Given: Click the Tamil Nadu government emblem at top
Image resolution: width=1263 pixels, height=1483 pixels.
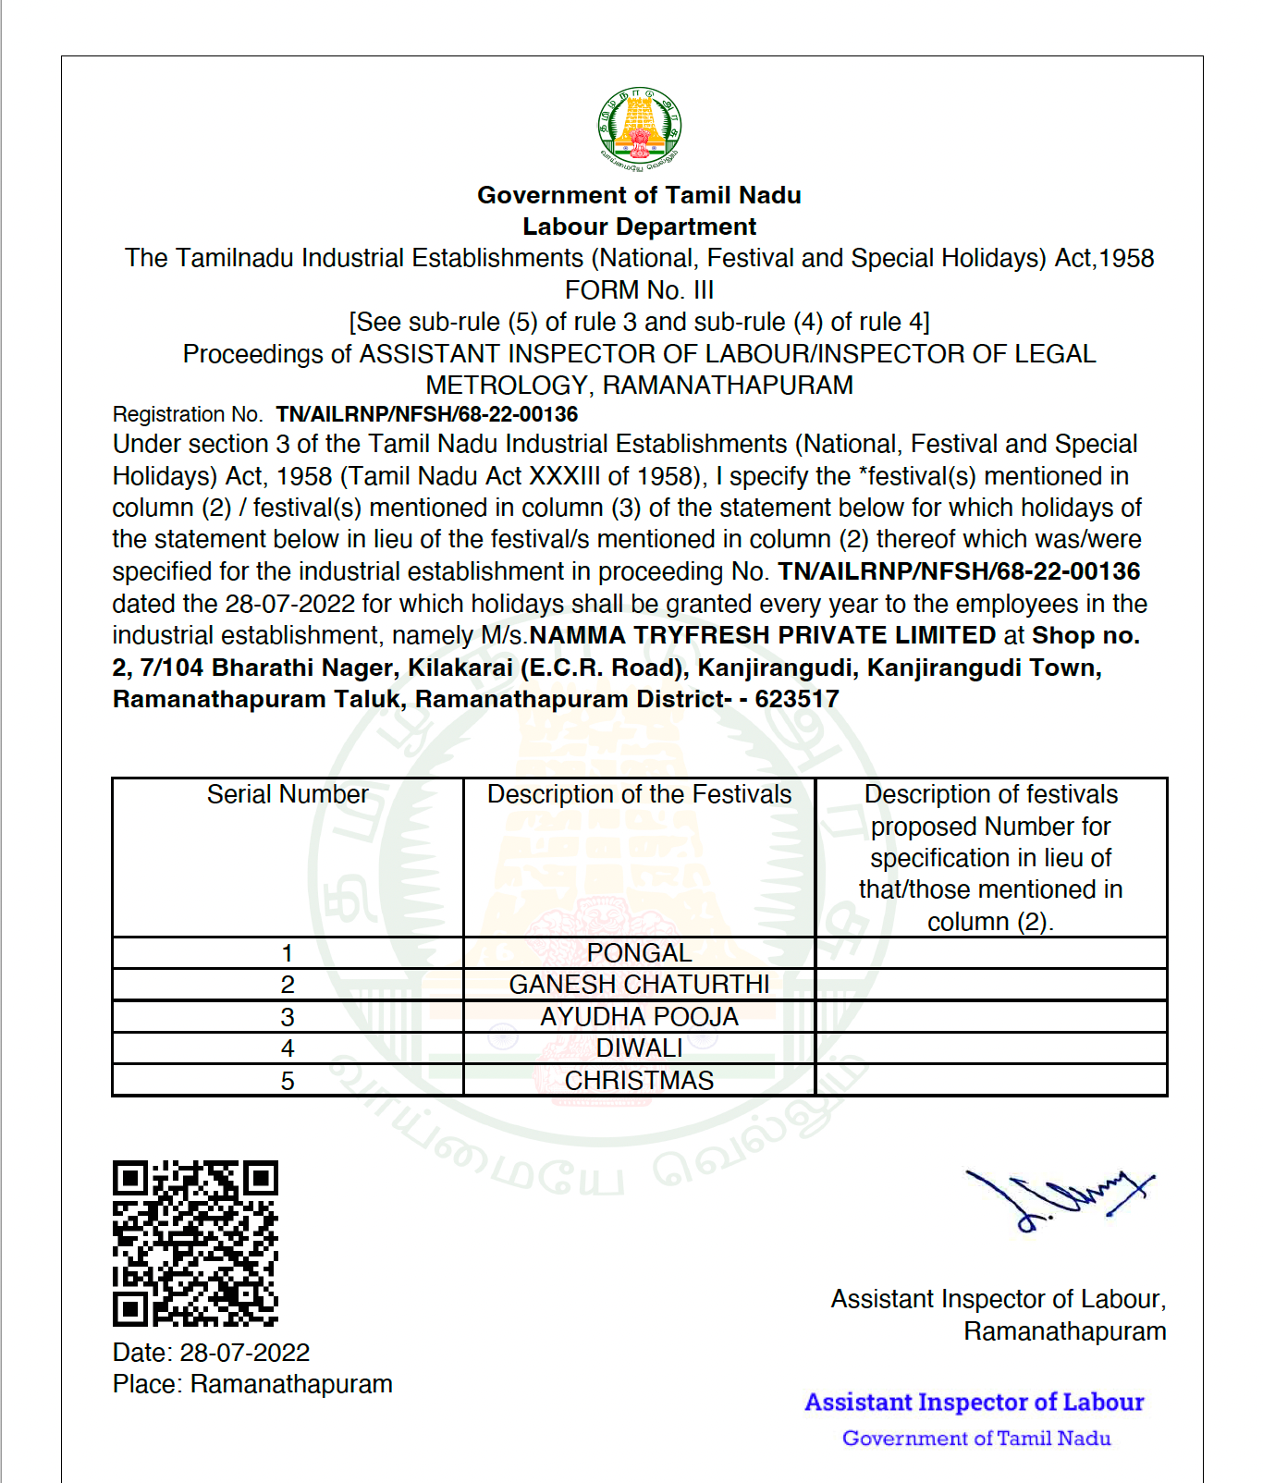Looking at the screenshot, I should (x=639, y=129).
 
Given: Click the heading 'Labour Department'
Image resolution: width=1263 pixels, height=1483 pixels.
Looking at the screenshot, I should (x=639, y=227).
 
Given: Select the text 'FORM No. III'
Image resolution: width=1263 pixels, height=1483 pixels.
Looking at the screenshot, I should (x=639, y=290).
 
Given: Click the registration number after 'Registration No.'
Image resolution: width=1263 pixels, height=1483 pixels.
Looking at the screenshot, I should (x=426, y=414).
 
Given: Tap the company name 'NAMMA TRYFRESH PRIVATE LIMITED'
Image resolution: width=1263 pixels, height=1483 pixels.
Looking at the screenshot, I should (x=763, y=635).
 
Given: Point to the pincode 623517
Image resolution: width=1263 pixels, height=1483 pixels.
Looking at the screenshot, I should (x=797, y=699).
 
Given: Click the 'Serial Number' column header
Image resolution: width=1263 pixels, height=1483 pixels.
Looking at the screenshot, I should (x=288, y=795).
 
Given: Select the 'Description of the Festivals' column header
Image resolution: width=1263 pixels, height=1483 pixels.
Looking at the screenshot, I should (x=639, y=795).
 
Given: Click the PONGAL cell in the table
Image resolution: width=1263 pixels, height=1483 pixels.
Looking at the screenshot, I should (x=639, y=953).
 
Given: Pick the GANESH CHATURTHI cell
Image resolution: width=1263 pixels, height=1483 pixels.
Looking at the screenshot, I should (x=639, y=985).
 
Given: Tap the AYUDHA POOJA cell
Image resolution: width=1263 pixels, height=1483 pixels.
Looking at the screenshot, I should (x=639, y=1017).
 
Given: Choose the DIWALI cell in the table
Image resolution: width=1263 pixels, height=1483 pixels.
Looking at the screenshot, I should (x=639, y=1048).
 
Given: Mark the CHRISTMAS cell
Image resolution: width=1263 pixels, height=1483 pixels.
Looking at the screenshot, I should (x=639, y=1081).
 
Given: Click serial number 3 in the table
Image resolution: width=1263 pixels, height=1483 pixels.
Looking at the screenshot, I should (x=288, y=1017).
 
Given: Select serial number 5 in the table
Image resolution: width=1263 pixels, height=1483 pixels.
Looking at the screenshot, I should (x=288, y=1081).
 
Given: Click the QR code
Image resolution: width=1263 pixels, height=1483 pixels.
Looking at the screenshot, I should (x=195, y=1244).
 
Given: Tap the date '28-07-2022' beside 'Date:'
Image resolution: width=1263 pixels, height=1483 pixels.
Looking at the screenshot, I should (x=245, y=1353).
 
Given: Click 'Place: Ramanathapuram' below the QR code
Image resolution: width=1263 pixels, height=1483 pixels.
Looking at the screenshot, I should (x=252, y=1384).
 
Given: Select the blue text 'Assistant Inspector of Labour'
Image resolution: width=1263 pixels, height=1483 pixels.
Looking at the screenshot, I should (x=975, y=1403).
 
